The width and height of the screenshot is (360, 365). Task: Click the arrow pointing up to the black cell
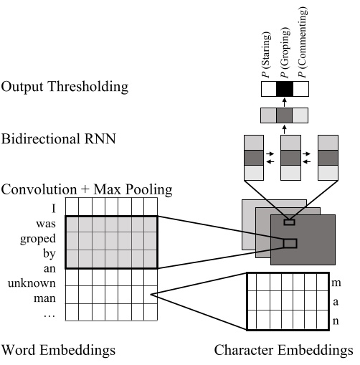coord(285,102)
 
